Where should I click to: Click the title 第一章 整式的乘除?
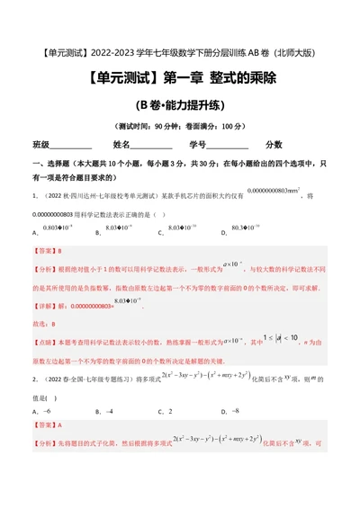tap(179, 77)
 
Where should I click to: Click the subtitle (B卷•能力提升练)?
tap(179, 104)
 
